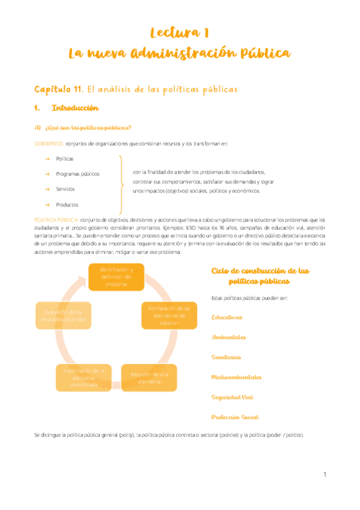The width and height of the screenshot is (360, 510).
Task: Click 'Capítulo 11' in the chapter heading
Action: point(58,89)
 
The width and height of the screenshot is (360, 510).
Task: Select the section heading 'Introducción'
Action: point(75,108)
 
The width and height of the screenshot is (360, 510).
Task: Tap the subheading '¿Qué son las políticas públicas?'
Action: point(88,127)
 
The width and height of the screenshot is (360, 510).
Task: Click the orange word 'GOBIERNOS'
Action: point(48,143)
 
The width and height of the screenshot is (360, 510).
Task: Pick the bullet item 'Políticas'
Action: point(65,159)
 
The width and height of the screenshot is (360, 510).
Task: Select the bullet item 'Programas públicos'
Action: point(78,174)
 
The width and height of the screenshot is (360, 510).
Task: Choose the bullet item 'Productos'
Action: point(67,204)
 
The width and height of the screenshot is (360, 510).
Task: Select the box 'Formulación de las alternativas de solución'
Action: point(169,315)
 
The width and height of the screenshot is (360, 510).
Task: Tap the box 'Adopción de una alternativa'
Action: point(149,378)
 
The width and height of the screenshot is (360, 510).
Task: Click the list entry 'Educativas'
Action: point(227,317)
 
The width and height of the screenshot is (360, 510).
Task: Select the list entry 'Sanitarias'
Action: point(227,357)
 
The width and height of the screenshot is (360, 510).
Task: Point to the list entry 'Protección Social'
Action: point(235,417)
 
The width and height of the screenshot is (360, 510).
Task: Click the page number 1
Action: point(325,475)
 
